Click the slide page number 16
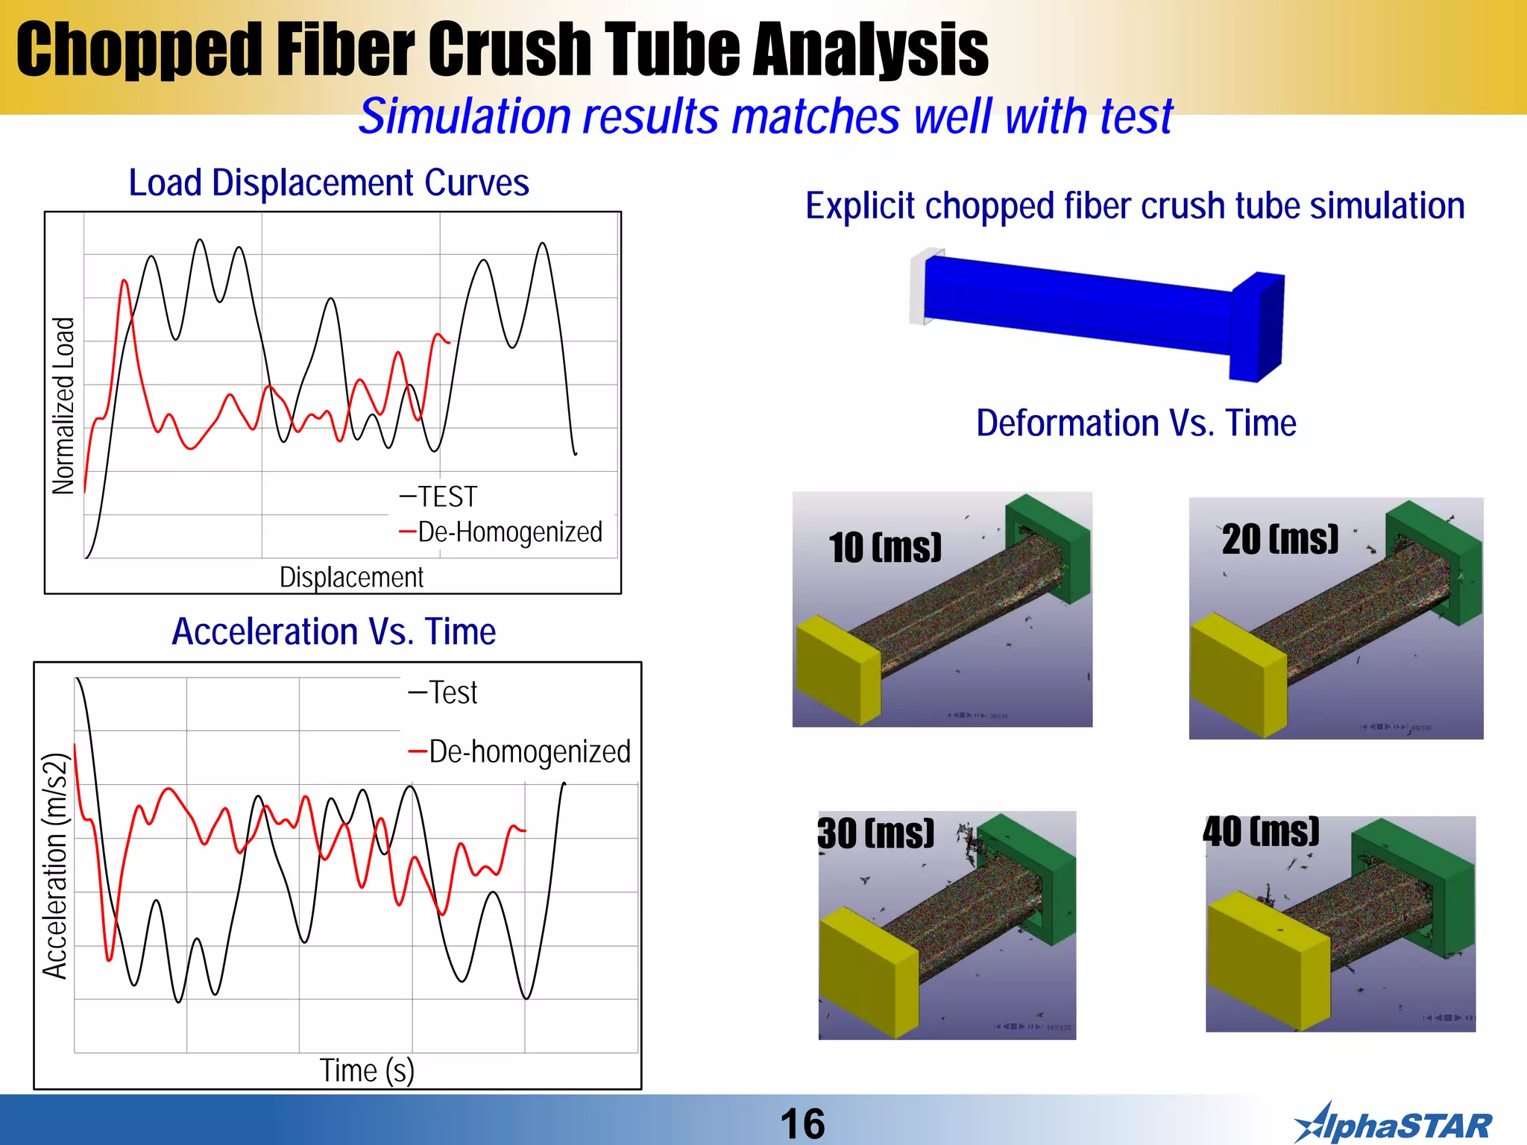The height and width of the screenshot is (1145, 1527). click(x=802, y=1123)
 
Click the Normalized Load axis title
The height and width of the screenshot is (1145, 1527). click(x=64, y=406)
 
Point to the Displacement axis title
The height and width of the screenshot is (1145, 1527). click(x=351, y=577)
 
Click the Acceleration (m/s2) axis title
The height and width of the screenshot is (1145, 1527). click(x=55, y=865)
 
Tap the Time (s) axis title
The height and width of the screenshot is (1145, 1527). click(x=367, y=1070)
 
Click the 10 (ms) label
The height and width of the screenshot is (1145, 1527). click(x=885, y=548)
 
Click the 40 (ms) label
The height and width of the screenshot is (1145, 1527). click(x=1261, y=832)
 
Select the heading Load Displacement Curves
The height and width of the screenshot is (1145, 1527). click(x=328, y=183)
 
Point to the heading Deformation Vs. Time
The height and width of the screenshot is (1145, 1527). click(x=1136, y=423)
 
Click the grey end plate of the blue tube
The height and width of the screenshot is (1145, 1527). click(x=917, y=287)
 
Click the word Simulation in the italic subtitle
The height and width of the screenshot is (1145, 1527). click(x=465, y=117)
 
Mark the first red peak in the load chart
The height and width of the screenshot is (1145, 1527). click(x=124, y=283)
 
